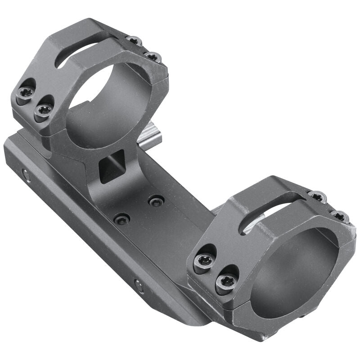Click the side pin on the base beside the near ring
click(139, 286)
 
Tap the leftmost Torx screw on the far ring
click(25, 93)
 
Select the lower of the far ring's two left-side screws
click(44, 110)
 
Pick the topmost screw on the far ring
click(134, 41)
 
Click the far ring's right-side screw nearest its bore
click(153, 57)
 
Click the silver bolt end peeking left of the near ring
click(217, 209)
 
